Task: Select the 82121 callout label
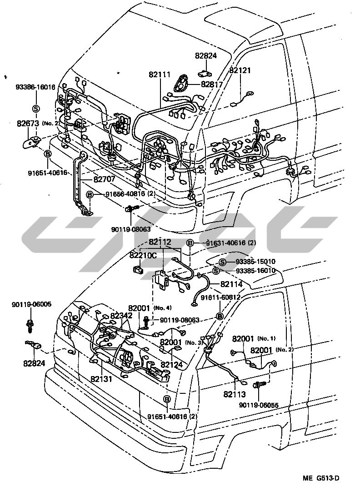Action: coord(240,71)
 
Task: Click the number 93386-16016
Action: coord(35,87)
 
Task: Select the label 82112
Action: coord(160,243)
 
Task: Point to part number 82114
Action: coord(231,284)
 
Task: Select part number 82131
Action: coord(101,378)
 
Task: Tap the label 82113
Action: coord(234,394)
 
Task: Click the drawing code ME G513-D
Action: coord(322,478)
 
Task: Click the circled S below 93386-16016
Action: coord(35,108)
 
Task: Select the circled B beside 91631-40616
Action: coord(190,243)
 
